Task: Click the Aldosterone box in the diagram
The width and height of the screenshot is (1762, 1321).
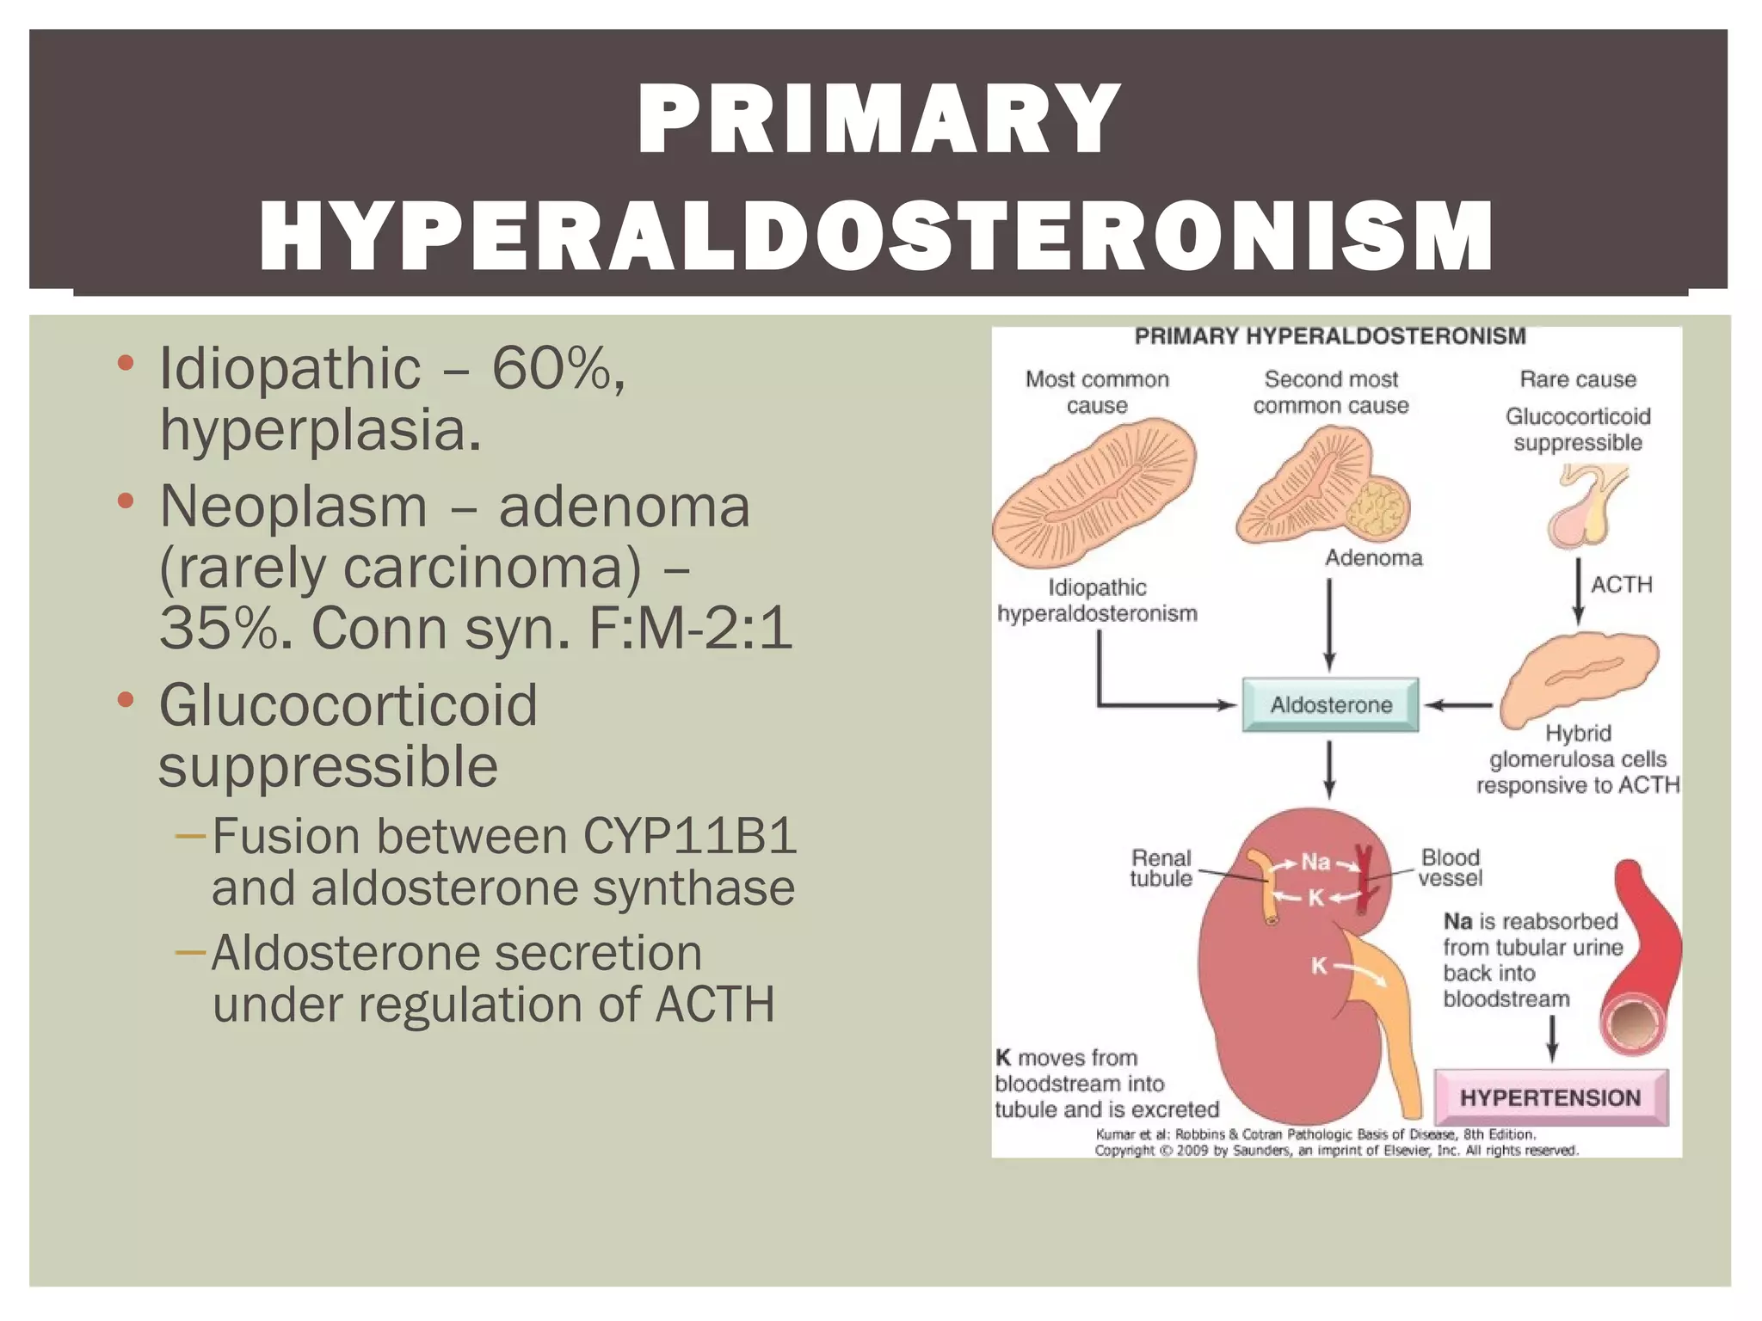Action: pos(1330,705)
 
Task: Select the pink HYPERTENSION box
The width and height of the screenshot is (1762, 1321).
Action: pos(1550,1097)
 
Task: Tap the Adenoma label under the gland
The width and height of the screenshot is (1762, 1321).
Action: pos(1373,558)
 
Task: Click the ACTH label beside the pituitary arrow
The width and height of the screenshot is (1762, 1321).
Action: pos(1621,585)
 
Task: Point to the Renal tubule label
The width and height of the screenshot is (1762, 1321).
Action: pos(1161,868)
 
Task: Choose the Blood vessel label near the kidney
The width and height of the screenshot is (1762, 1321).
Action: pos(1451,868)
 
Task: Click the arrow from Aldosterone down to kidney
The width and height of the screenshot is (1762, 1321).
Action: pos(1329,769)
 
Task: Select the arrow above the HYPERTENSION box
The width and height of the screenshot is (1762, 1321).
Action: pos(1552,1038)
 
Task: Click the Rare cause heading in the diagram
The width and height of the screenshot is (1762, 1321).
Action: pos(1577,379)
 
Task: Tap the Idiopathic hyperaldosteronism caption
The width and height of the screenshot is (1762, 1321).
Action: pos(1097,600)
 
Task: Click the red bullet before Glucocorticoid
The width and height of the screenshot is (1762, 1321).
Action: pos(126,699)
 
